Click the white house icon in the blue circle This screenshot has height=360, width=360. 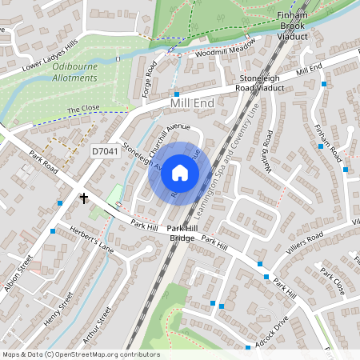click(x=180, y=173)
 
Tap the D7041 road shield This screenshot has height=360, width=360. click(x=104, y=150)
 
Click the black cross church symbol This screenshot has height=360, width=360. click(x=83, y=197)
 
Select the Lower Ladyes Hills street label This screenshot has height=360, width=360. click(x=50, y=54)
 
